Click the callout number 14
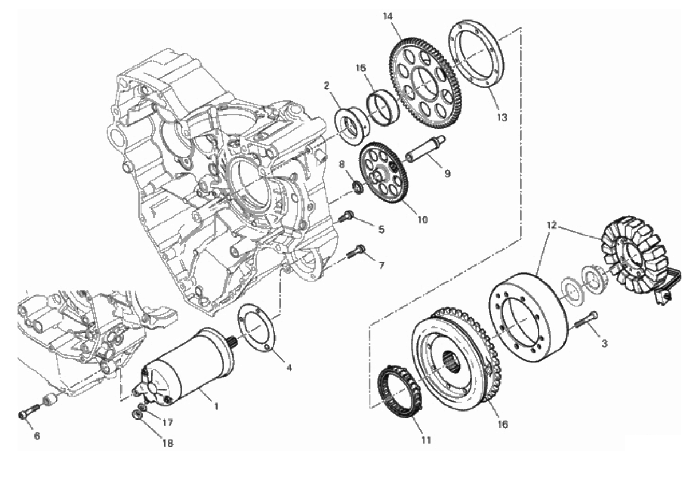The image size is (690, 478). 388,17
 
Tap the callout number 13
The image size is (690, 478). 502,117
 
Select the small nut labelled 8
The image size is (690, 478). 358,188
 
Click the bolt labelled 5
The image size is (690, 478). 346,216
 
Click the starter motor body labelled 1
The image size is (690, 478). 188,368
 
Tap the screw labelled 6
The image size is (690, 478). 29,411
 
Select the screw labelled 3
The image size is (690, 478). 586,322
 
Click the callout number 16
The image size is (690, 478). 502,425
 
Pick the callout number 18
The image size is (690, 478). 168,443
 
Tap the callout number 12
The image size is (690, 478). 551,225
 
